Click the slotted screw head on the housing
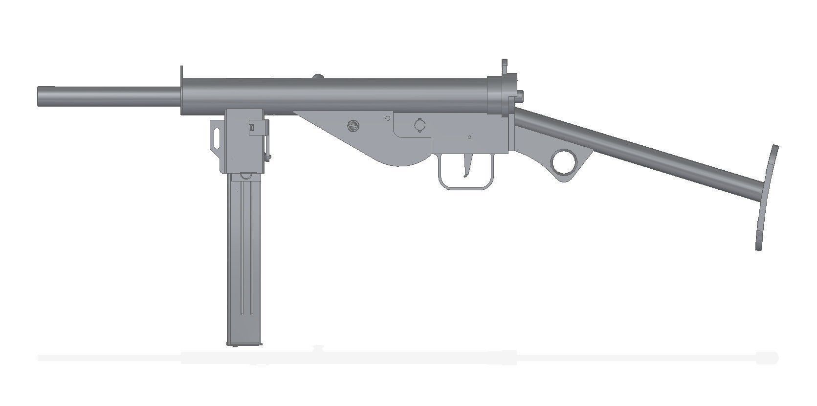pyautogui.click(x=353, y=126)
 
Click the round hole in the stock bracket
pyautogui.click(x=565, y=161)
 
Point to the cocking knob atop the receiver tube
pyautogui.click(x=319, y=77)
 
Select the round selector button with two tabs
pyautogui.click(x=419, y=125)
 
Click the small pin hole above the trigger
pyautogui.click(x=469, y=137)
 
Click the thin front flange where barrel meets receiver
pyautogui.click(x=182, y=90)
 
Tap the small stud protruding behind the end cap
pyautogui.click(x=520, y=94)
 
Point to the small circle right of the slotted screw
pyautogui.click(x=387, y=118)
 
